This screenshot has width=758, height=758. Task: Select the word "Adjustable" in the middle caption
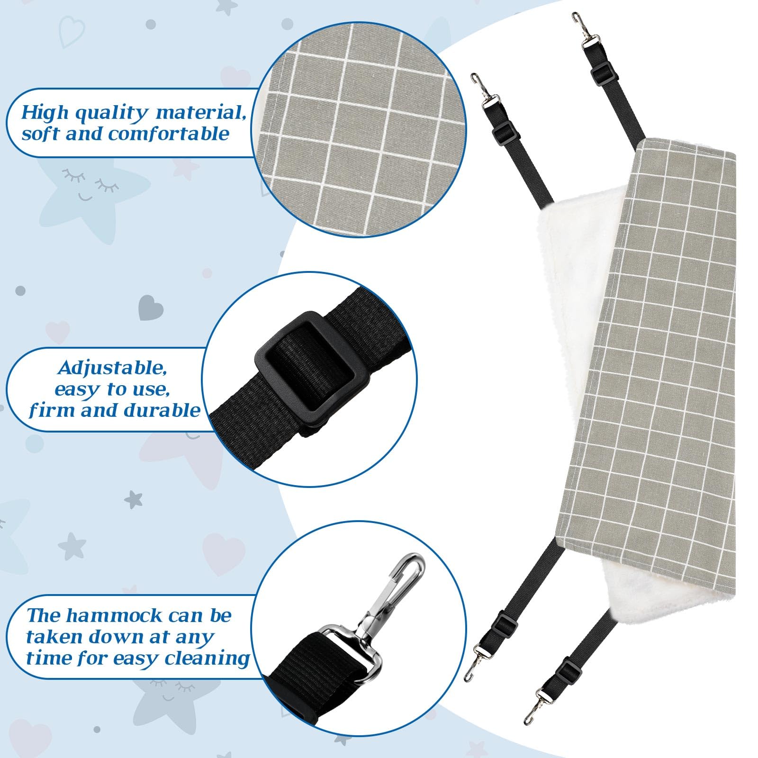coord(112,368)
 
